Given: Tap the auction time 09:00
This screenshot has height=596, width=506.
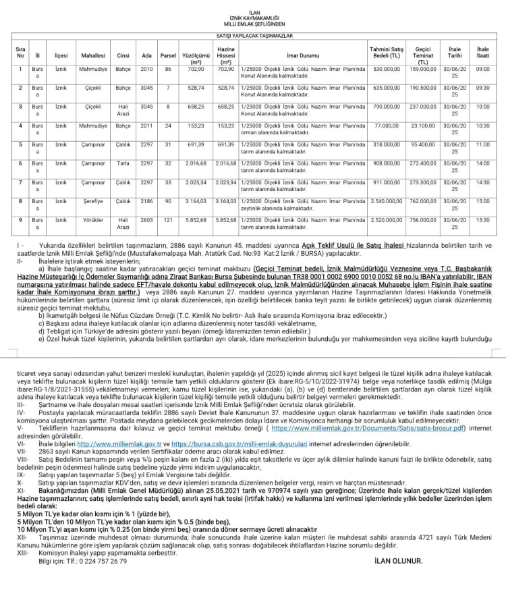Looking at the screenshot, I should (482, 69).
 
